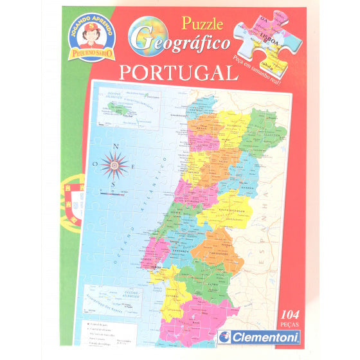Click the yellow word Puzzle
point(201,24)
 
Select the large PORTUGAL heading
point(179,72)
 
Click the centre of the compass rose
point(114,165)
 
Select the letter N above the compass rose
point(116,146)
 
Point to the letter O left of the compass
point(94,165)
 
